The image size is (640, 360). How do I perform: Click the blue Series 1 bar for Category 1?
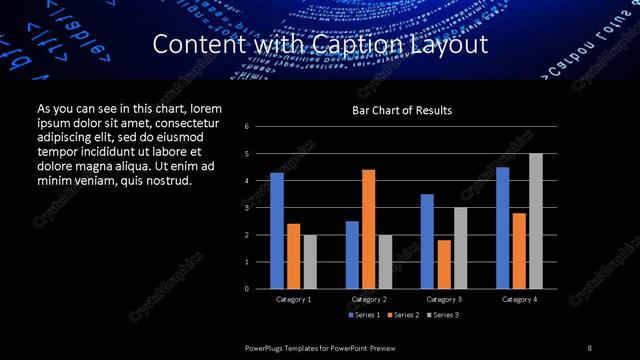pos(277,231)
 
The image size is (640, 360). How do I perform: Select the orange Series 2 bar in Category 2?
pos(369,229)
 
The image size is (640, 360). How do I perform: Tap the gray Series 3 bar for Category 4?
pos(536,221)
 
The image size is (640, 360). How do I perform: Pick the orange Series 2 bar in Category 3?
pos(444,264)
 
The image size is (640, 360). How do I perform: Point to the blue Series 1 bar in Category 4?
pos(503,228)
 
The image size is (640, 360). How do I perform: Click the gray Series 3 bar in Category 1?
pos(310,262)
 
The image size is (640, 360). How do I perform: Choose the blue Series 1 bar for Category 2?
pos(352,255)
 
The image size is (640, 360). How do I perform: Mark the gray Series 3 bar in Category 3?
pos(460,248)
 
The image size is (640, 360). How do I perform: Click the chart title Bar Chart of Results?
pos(402,110)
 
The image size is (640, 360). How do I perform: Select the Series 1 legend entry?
pos(364,315)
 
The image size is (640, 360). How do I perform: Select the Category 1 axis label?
pos(293,299)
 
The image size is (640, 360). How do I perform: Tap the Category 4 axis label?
pos(519,299)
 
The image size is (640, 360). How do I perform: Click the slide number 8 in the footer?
pos(590,346)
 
